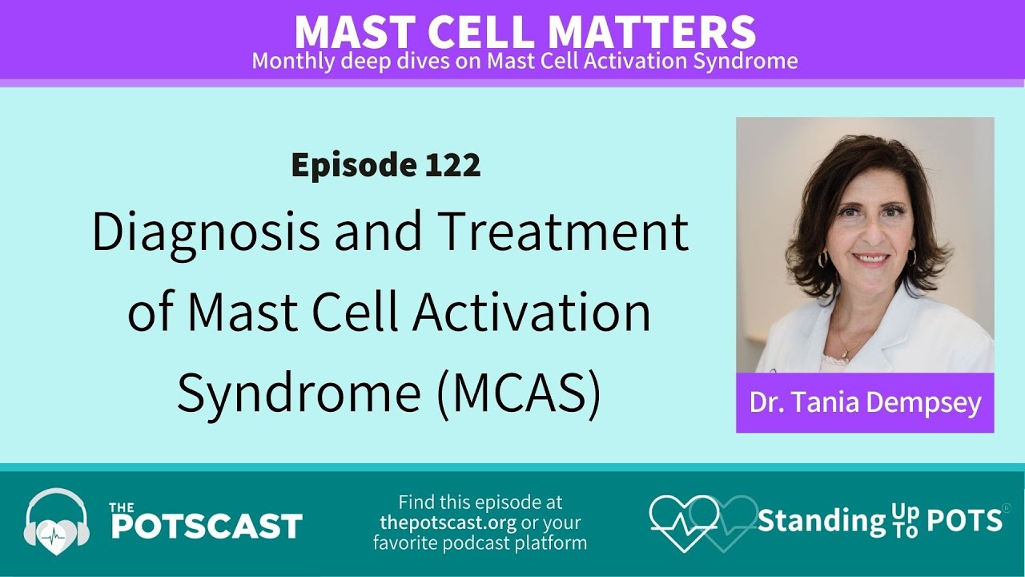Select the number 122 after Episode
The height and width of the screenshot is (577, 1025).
[452, 165]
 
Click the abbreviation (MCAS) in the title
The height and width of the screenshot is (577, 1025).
[519, 393]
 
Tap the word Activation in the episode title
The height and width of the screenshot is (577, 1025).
[530, 313]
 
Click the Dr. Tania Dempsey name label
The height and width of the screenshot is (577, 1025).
[865, 402]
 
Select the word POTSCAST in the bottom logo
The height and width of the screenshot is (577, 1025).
[205, 527]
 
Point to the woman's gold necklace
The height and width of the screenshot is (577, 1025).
[851, 346]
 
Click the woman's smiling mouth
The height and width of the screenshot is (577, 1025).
[870, 260]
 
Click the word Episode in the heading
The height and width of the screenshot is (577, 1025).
[350, 165]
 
